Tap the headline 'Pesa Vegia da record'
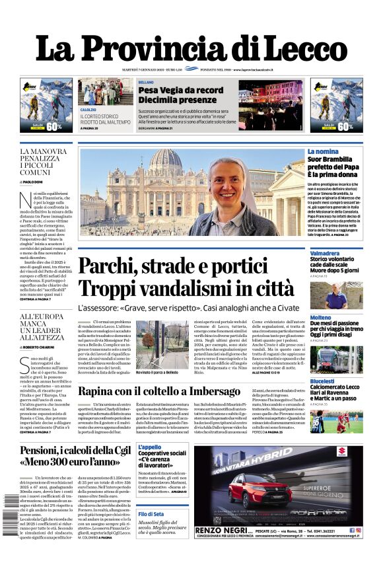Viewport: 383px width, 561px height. [x=172, y=90]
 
